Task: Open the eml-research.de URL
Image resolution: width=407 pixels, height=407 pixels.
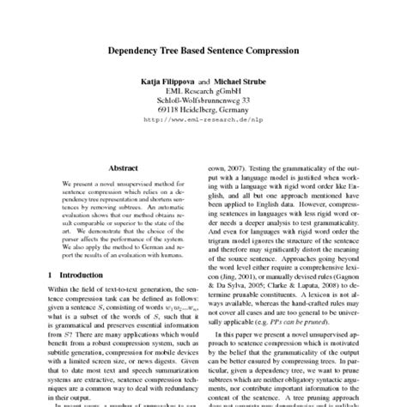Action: [x=203, y=121]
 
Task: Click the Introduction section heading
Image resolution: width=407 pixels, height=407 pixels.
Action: [x=71, y=274]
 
